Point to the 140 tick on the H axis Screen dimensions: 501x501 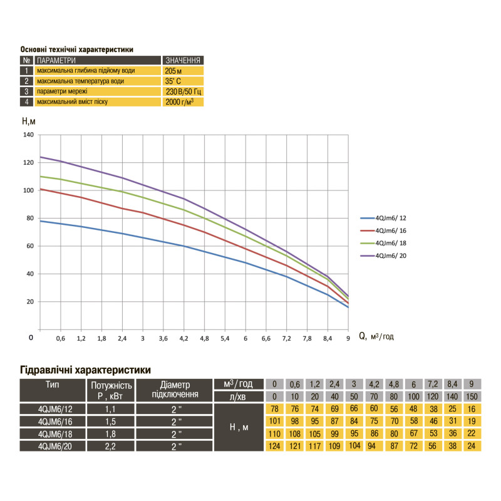pyautogui.click(x=28, y=135)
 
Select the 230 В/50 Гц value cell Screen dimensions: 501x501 pyautogui.click(x=182, y=91)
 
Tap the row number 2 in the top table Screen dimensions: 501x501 pyautogui.click(x=26, y=81)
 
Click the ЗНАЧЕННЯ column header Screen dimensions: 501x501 pyautogui.click(x=183, y=60)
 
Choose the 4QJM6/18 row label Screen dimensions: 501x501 pyautogui.click(x=53, y=433)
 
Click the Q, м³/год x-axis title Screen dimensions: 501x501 pyautogui.click(x=376, y=336)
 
